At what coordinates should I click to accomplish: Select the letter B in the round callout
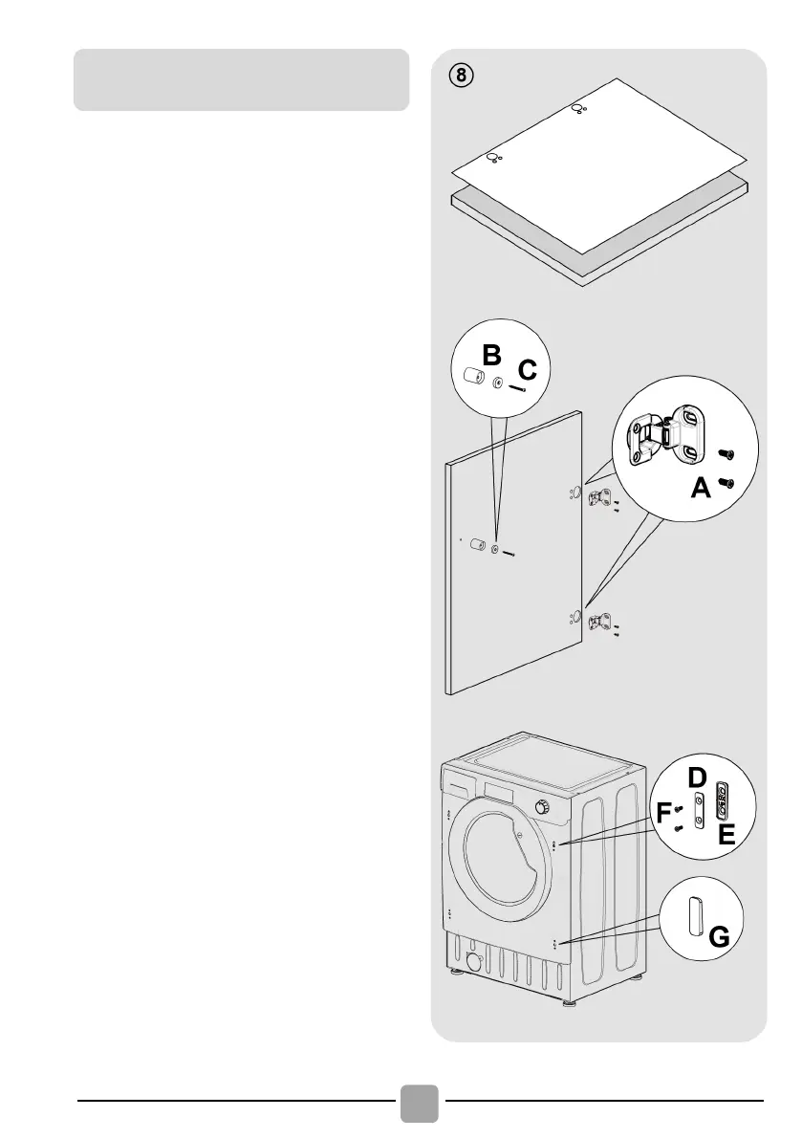click(491, 356)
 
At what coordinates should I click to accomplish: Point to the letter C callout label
click(528, 369)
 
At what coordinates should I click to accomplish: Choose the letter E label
click(727, 835)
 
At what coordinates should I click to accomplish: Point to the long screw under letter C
click(520, 387)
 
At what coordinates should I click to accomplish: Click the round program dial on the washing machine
click(543, 808)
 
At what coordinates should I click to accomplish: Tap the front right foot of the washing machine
click(570, 1004)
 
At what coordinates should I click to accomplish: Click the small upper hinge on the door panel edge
click(600, 496)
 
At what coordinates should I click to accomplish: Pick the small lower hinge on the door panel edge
click(600, 622)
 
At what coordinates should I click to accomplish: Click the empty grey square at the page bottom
click(419, 1103)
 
